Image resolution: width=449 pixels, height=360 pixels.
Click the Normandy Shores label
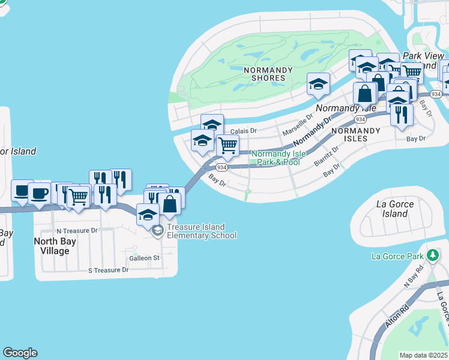(x=268, y=74)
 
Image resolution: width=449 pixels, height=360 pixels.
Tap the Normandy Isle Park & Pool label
(x=278, y=158)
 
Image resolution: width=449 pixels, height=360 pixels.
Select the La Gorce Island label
(x=395, y=209)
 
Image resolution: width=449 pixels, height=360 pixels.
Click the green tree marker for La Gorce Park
(x=432, y=256)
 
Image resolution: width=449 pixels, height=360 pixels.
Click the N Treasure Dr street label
(x=77, y=230)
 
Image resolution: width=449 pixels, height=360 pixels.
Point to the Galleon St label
(x=144, y=258)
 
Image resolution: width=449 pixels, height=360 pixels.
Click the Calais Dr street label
(x=244, y=130)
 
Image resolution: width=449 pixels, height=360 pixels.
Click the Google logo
(x=20, y=353)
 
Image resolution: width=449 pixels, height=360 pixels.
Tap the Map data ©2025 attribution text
(x=424, y=355)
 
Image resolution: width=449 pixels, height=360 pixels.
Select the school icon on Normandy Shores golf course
(x=318, y=84)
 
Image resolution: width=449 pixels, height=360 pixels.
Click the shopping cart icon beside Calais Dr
(x=228, y=145)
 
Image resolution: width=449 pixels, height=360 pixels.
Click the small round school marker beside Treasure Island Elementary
(x=158, y=231)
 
